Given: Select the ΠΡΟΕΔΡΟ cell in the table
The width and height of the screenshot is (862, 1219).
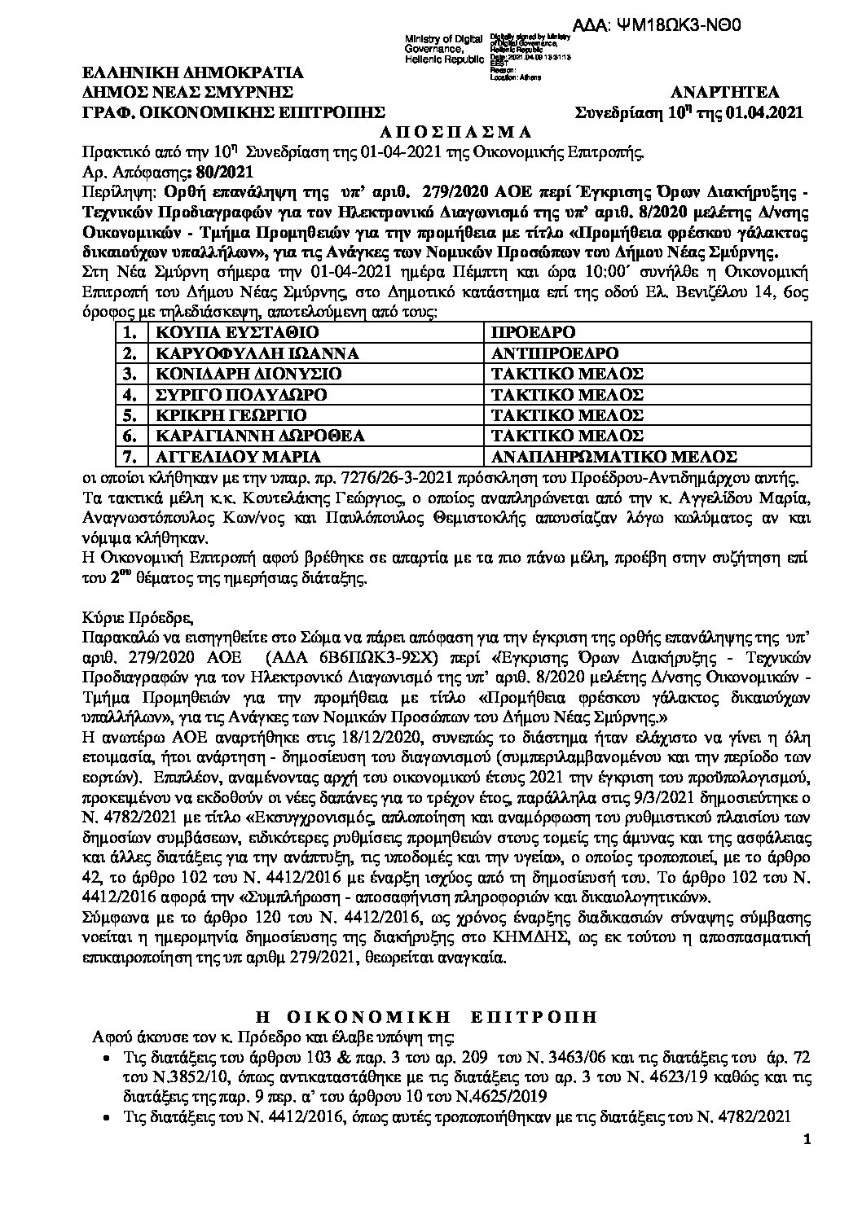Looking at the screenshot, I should click(x=534, y=333).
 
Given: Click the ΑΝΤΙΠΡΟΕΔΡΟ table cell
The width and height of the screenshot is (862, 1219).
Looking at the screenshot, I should click(x=555, y=353).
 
